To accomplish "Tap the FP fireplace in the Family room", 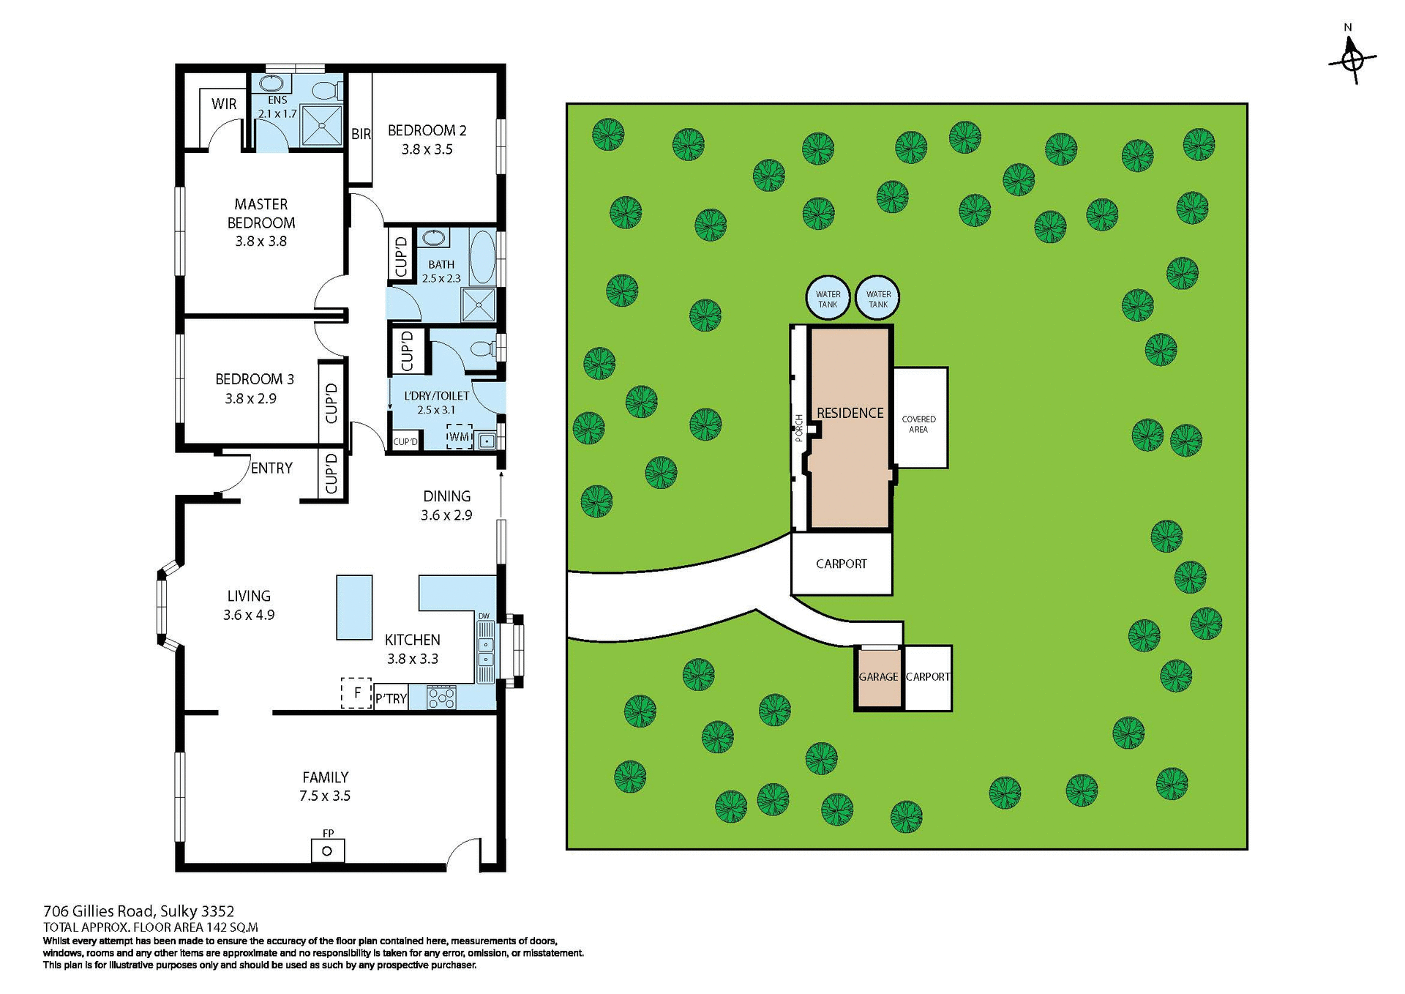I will pos(327,850).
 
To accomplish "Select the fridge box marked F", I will pos(357,692).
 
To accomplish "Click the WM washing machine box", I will pos(459,437).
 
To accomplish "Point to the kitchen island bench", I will pos(354,608).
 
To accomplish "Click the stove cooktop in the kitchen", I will pos(441,698).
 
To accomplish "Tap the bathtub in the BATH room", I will pos(482,257).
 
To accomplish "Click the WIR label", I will pos(224,104).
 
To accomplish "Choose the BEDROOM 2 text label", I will pos(427,131).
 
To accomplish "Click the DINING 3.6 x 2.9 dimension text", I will pos(446,515).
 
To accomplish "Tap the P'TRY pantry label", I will pos(391,699).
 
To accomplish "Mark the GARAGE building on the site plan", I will pos(878,677).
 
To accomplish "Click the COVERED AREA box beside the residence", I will pos(920,418).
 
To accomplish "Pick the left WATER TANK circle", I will pos(828,299).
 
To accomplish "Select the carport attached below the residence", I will pos(842,564).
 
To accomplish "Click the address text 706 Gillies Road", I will pos(139,911).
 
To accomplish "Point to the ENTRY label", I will pos(271,468).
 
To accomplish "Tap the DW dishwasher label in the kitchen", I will pos(484,616).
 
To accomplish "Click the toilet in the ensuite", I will pos(324,91).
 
